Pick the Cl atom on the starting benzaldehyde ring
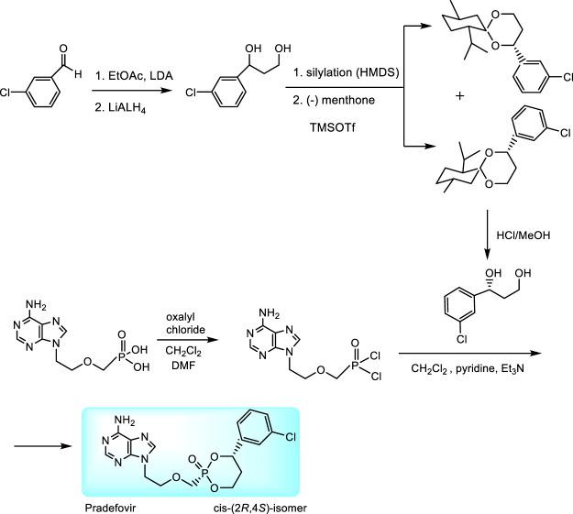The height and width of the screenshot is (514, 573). pos(11,90)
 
